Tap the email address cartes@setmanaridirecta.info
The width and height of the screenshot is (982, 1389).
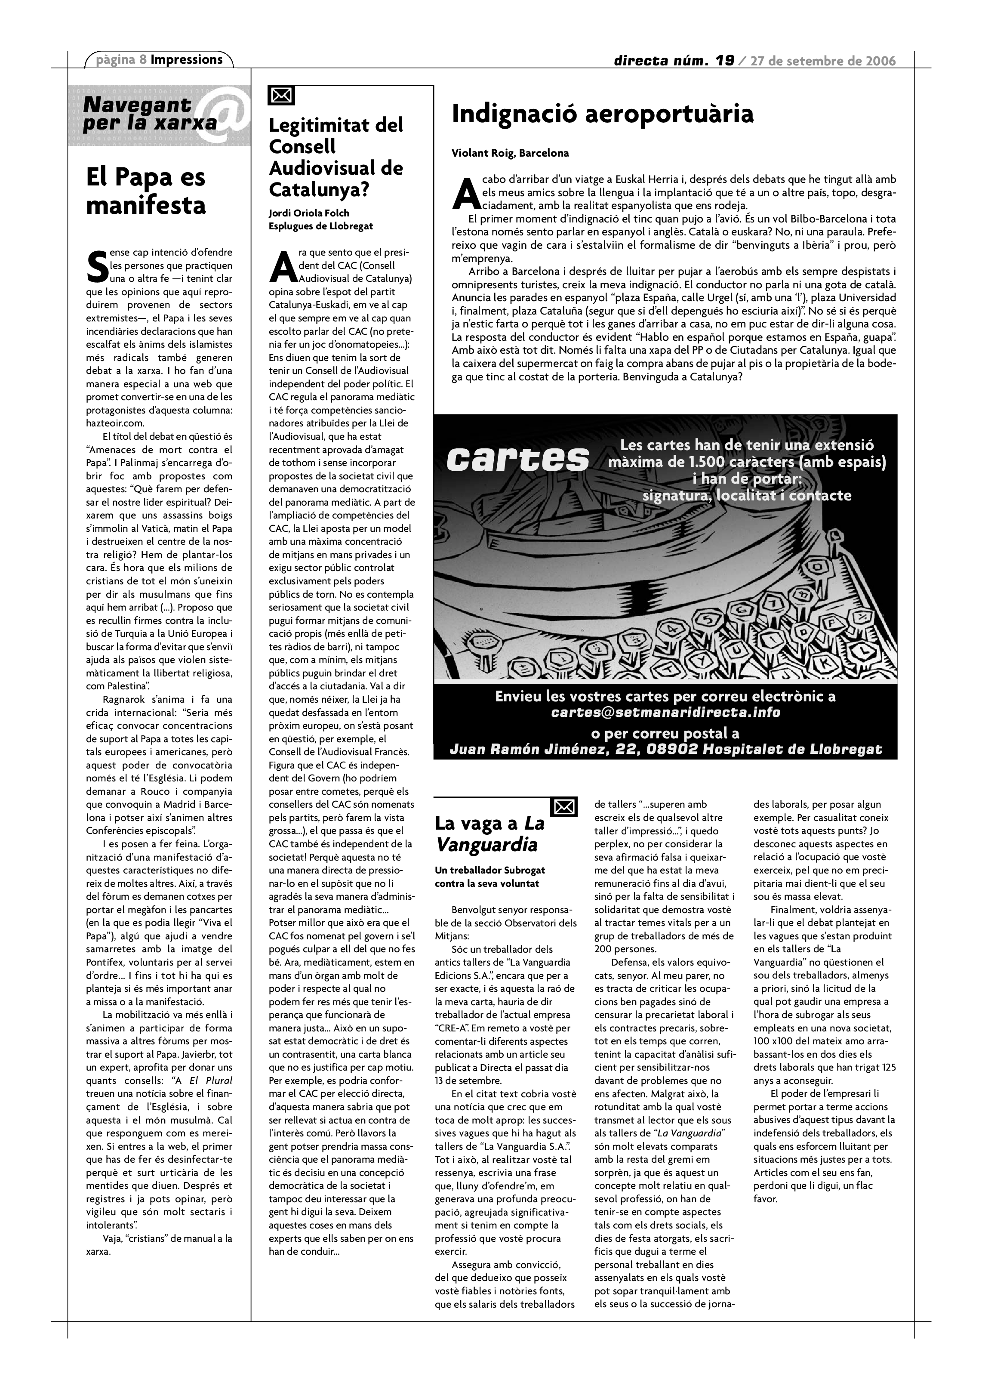(665, 713)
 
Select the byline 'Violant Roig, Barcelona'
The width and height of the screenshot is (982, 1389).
(510, 153)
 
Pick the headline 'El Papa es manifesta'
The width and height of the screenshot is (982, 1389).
(146, 191)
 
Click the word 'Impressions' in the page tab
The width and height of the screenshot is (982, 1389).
(186, 59)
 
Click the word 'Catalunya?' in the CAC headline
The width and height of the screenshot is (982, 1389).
(319, 190)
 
